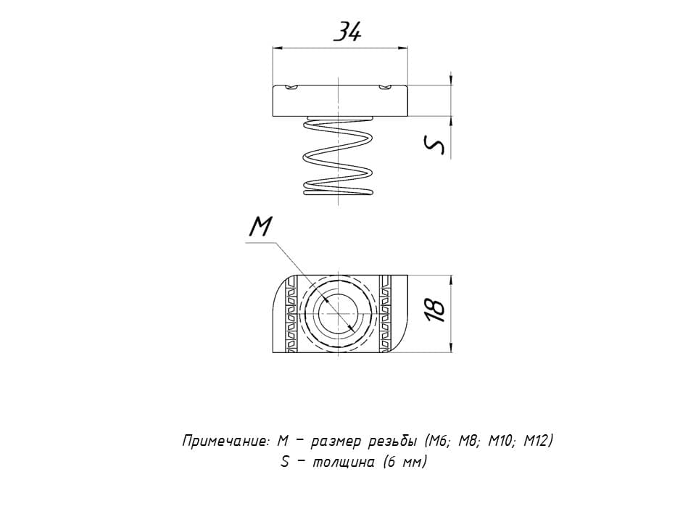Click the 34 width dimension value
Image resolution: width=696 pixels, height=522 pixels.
(347, 33)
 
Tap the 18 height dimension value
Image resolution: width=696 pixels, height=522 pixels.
(434, 310)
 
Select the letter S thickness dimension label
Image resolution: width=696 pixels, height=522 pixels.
(434, 145)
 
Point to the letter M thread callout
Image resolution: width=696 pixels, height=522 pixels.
(260, 227)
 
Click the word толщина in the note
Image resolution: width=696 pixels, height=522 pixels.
(344, 462)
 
